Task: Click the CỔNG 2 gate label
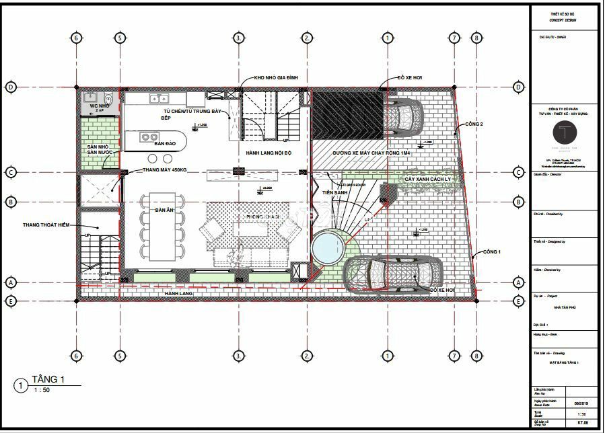473,124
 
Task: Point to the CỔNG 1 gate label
493,252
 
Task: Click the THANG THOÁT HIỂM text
49,225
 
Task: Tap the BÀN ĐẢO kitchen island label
165,144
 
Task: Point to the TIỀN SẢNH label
334,193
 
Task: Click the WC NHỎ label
99,106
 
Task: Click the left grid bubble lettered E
11,301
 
